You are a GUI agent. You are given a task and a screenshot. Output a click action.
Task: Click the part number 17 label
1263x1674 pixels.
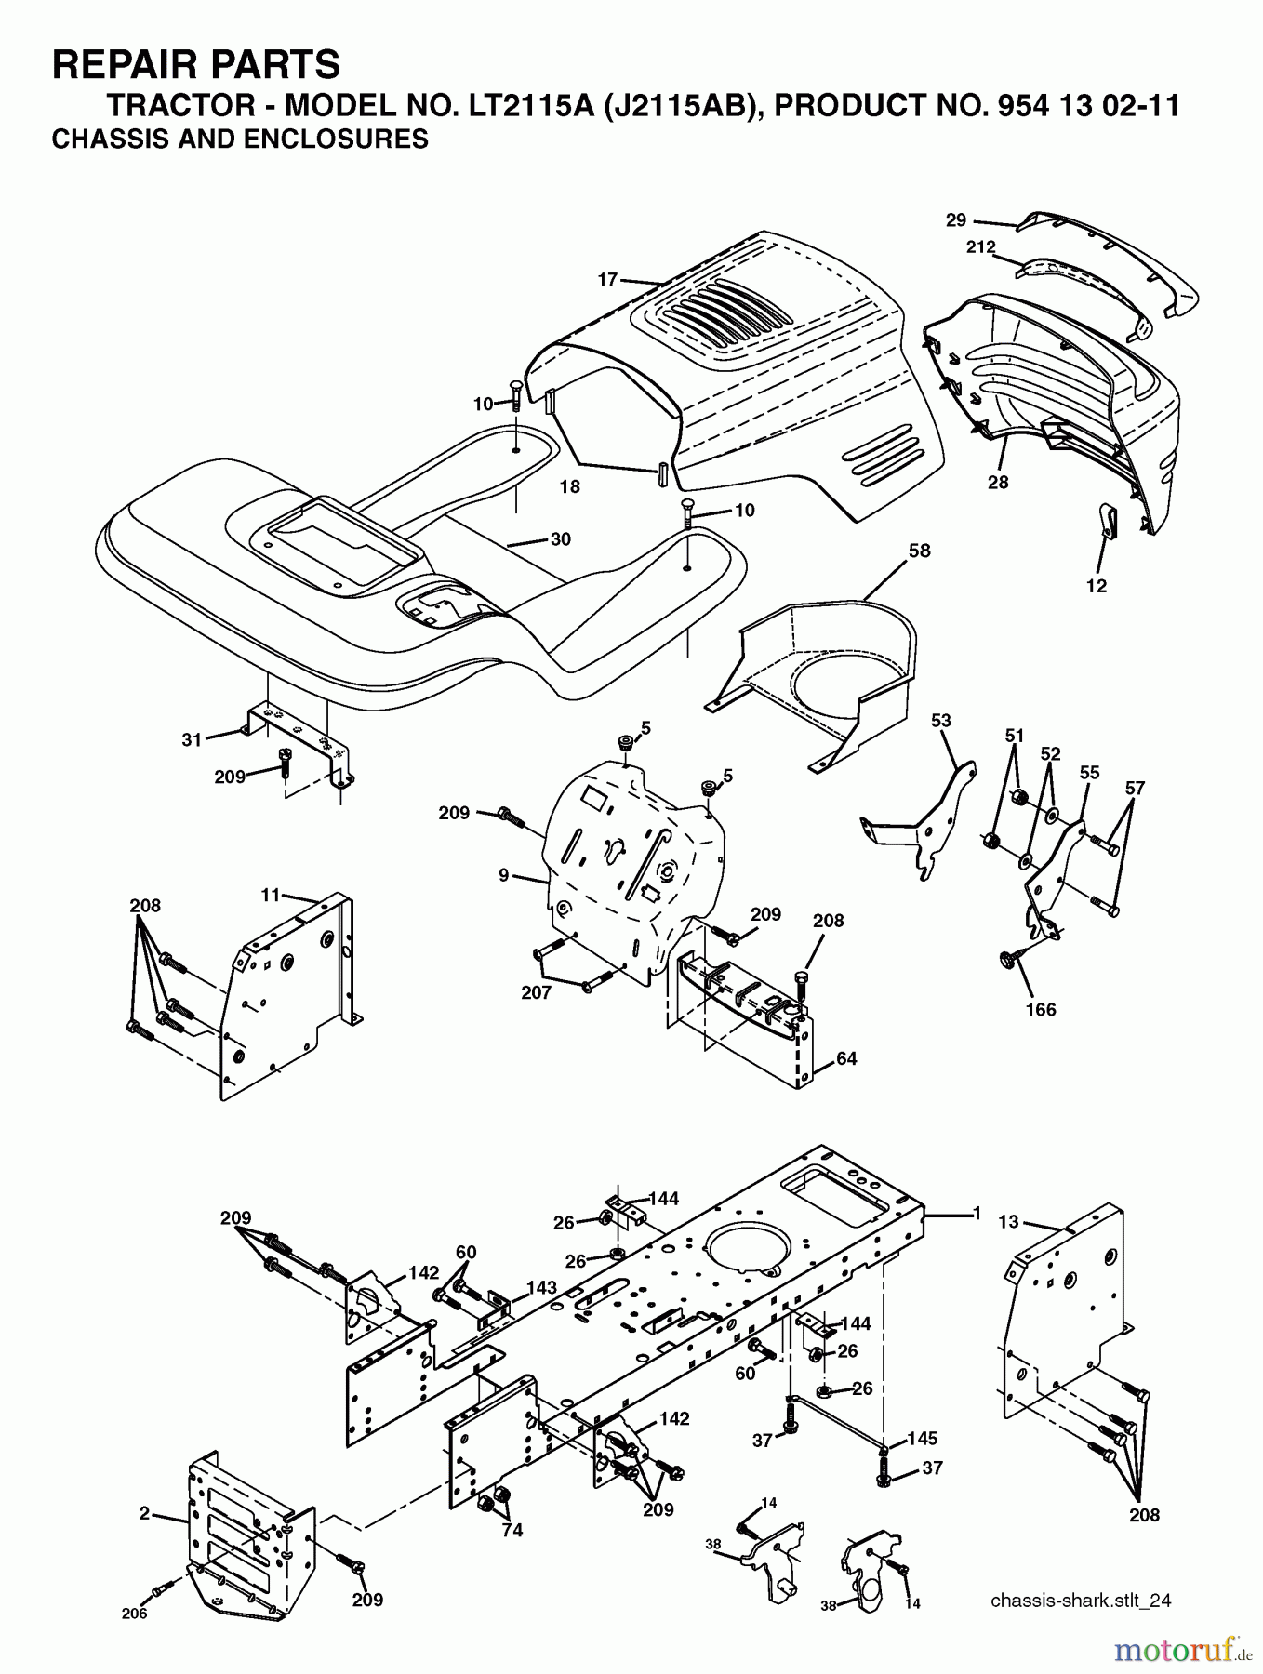[607, 279]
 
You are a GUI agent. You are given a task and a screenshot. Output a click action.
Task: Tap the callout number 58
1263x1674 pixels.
[919, 551]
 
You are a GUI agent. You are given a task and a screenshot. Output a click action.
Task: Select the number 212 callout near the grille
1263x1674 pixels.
[980, 247]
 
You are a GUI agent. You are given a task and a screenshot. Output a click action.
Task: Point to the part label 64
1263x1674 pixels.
[846, 1058]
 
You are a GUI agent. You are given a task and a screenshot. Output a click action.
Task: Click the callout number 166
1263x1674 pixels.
[1041, 1010]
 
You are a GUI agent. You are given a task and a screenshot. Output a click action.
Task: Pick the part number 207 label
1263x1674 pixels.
[536, 992]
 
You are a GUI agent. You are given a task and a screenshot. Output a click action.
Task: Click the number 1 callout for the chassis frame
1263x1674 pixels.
[977, 1213]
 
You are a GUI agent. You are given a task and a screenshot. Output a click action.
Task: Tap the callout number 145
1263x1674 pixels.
[922, 1439]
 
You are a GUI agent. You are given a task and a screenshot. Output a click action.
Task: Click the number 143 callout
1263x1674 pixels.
[541, 1288]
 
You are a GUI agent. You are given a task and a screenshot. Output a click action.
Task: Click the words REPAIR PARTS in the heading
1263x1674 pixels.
[196, 65]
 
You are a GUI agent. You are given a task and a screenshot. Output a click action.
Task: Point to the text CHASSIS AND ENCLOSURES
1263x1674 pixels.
[240, 139]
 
